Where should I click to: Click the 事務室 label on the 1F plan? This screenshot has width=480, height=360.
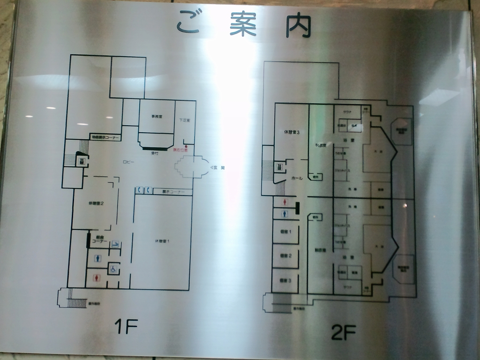tap(157, 116)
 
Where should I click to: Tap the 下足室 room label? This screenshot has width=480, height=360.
tap(184, 120)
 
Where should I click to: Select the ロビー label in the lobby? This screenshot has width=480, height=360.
tap(128, 162)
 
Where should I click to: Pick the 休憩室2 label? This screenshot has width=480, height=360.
tap(96, 203)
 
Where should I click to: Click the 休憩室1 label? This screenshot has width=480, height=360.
tap(162, 241)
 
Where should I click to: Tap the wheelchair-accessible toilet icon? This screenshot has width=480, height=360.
tap(113, 269)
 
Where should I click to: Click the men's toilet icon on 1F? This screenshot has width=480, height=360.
tap(97, 258)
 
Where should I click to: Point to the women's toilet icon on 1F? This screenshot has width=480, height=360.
tap(97, 277)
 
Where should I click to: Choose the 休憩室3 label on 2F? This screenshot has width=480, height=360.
tap(292, 132)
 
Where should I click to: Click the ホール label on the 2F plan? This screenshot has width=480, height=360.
tap(297, 179)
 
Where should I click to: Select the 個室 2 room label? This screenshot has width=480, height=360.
tap(286, 255)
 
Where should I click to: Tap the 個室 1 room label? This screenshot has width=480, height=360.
tap(286, 232)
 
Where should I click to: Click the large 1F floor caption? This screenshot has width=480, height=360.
tap(126, 327)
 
